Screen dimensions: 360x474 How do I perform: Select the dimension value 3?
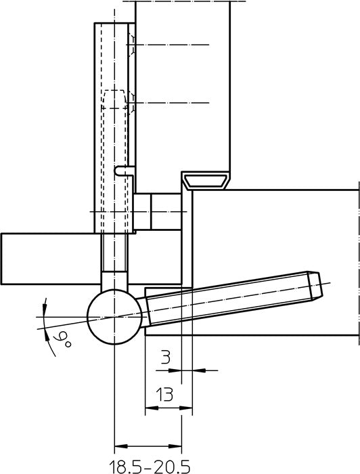(x=166, y=358)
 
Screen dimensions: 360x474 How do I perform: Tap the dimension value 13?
(x=164, y=394)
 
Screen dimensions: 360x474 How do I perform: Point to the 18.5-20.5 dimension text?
(x=149, y=466)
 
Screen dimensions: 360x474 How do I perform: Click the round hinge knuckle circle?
(x=114, y=317)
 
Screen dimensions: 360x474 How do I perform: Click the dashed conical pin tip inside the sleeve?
(x=114, y=99)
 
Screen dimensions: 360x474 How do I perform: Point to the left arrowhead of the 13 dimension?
(x=152, y=408)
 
